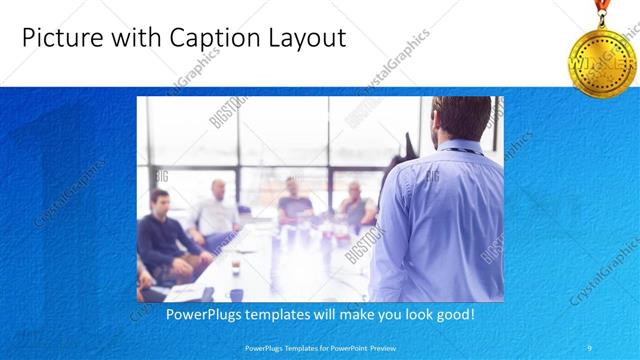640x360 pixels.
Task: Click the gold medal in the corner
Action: pyautogui.click(x=604, y=60)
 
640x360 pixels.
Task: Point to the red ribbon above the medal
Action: pyautogui.click(x=603, y=10)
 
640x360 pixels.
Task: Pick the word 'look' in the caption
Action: pyautogui.click(x=412, y=315)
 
